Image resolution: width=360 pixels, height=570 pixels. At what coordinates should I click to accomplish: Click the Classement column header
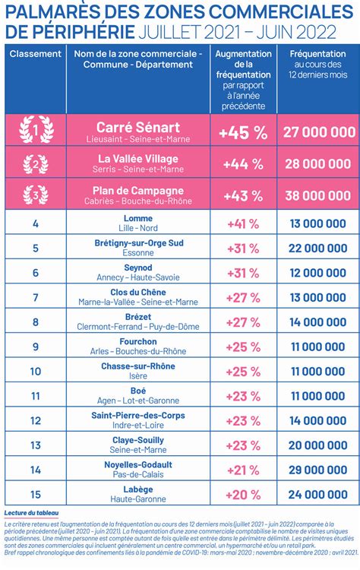tap(36, 54)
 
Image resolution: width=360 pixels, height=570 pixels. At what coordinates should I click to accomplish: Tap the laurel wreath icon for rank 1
tap(36, 129)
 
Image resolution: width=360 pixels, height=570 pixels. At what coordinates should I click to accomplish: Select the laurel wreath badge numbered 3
tap(36, 195)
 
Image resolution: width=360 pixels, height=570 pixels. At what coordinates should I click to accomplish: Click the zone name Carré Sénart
tap(138, 127)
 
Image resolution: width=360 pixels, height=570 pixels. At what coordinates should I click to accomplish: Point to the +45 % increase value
tap(243, 133)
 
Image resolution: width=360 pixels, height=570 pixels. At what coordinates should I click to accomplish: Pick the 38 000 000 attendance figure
tap(318, 195)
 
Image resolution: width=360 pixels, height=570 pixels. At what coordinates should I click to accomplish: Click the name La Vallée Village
tap(138, 159)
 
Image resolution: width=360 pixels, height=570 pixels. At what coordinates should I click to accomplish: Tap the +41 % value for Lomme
tap(243, 224)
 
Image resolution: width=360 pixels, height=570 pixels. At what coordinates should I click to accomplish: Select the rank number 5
tap(36, 249)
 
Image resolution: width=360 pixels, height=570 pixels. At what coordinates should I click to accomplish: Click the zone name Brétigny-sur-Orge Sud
tap(139, 243)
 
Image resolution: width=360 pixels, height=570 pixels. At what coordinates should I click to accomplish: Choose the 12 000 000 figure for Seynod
tap(318, 273)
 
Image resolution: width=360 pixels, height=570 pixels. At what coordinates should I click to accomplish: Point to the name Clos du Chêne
tap(138, 293)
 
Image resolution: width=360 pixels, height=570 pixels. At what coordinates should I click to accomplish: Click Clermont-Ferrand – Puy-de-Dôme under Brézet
tap(138, 327)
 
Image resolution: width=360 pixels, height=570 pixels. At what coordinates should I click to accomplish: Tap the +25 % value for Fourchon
tap(243, 347)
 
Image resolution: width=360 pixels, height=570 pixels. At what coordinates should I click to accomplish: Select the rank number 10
tap(36, 372)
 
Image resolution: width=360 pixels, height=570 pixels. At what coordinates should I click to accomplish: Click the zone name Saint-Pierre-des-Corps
tap(138, 416)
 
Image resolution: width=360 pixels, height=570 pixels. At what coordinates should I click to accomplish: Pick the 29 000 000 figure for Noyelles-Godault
tap(318, 470)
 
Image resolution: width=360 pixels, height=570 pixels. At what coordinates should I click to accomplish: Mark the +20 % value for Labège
tap(243, 495)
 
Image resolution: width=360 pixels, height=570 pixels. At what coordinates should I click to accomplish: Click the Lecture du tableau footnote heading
tap(31, 513)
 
